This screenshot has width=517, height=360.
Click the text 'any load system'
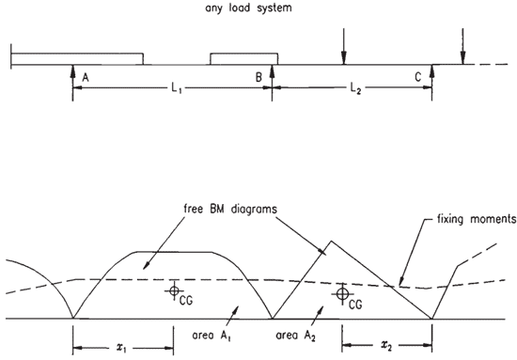248,8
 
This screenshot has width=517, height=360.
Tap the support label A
86,77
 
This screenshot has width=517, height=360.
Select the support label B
258,77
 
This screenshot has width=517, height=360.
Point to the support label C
417,77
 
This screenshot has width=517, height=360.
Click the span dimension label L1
177,88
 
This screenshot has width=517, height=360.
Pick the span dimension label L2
355,88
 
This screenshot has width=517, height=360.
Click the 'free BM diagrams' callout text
230,209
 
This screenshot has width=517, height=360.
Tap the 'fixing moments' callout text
477,219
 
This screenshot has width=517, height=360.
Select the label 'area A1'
211,336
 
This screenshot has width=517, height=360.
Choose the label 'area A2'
295,336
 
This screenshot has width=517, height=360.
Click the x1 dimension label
121,348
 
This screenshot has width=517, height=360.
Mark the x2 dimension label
385,345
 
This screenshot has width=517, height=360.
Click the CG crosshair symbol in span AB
174,290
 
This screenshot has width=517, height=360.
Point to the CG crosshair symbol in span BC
342,293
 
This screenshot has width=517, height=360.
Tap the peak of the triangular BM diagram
331,241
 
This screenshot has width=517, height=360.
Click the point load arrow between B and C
344,46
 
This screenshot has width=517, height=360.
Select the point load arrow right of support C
462,46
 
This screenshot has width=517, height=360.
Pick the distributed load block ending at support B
244,58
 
